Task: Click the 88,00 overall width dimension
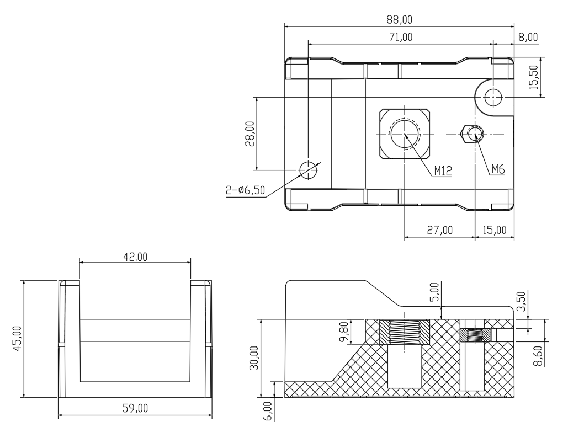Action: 399,19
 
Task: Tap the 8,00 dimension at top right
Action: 528,37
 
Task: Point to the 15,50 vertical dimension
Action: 534,77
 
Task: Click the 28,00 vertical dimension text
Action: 250,134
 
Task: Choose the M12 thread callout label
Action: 443,171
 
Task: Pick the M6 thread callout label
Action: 498,169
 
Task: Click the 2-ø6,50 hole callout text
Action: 245,190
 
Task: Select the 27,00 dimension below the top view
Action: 440,230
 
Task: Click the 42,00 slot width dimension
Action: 135,257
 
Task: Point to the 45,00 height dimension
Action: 17,339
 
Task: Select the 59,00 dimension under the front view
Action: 135,408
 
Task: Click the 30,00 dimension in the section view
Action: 254,357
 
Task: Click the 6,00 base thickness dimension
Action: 268,410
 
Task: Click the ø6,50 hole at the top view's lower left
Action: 308,169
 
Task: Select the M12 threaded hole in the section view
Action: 405,332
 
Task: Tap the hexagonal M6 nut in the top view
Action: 472,134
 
